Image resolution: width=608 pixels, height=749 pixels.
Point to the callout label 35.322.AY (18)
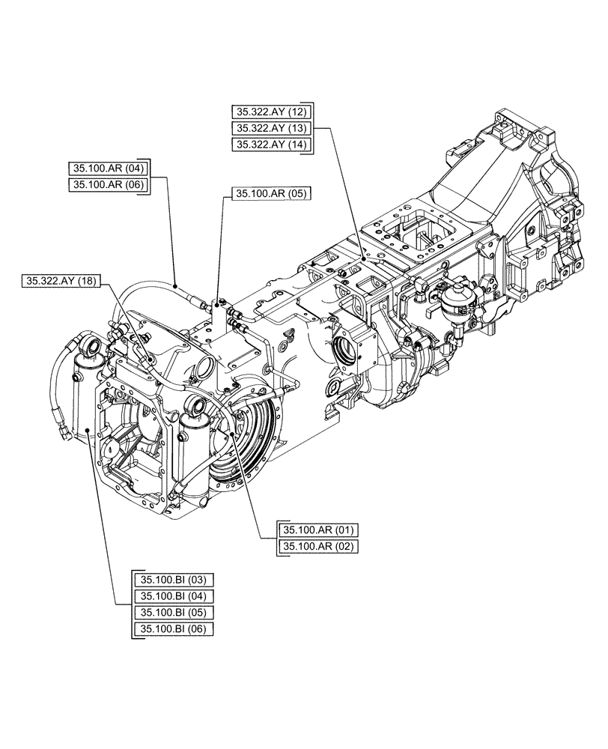(60, 282)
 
